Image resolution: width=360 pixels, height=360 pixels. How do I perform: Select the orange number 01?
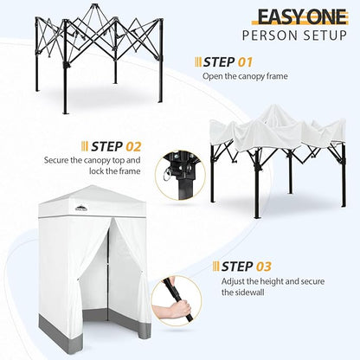245,62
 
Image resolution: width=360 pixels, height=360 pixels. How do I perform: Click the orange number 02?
133,146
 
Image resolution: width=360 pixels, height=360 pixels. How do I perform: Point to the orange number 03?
264,267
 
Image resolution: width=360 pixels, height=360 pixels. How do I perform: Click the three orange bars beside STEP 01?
198,62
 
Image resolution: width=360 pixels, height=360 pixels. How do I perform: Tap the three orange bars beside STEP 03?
216,266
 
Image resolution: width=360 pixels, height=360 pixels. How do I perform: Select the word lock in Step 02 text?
98,171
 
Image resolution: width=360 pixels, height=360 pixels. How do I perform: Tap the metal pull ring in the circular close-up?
167,174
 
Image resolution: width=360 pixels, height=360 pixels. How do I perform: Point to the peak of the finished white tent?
91,185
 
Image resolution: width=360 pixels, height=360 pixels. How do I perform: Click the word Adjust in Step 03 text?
233,281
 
